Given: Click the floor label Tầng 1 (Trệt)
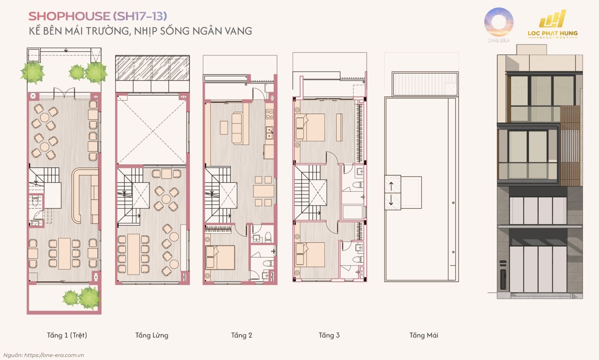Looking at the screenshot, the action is [x=67, y=335].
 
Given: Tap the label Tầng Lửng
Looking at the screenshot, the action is [x=152, y=335].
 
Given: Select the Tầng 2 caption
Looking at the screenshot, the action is [x=242, y=335].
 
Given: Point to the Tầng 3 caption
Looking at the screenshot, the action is [x=329, y=335].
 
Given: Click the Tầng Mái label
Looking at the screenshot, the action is [x=423, y=335].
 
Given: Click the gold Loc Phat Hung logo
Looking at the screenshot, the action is [x=552, y=24].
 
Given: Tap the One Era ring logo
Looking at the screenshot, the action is [x=499, y=22].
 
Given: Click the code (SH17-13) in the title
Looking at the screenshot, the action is [x=140, y=16].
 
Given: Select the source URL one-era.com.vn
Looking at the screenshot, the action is [x=54, y=355].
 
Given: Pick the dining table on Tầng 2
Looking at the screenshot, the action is [x=263, y=191].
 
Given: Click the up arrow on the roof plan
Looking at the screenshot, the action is [x=391, y=186].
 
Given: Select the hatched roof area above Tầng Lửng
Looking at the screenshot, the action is [x=152, y=68].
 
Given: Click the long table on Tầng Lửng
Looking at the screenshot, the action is [x=134, y=254].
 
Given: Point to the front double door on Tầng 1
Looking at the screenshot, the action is [x=64, y=93].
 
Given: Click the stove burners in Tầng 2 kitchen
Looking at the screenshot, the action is [x=270, y=114].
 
